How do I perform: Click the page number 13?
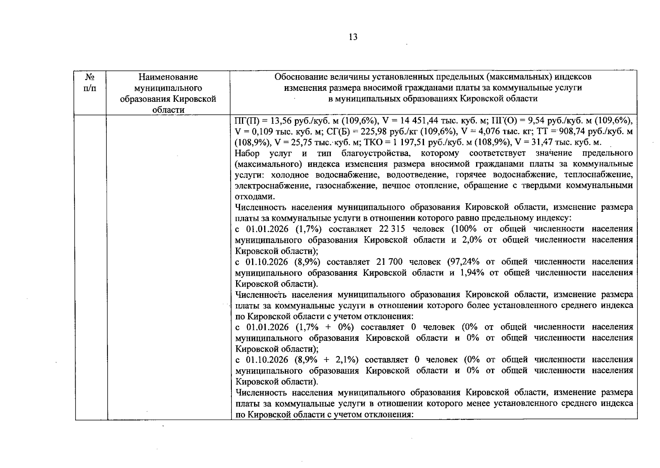pyautogui.click(x=353, y=37)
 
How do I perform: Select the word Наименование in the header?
pyautogui.click(x=168, y=77)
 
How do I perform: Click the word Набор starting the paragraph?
pyautogui.click(x=247, y=153)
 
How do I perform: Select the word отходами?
pyautogui.click(x=251, y=197)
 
